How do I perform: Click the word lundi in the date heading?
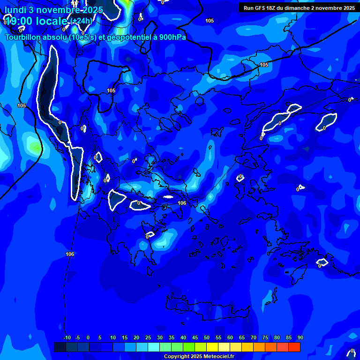(15, 10)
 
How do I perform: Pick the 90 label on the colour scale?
(300, 337)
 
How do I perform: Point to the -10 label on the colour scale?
(67, 337)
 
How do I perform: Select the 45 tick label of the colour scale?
(195, 337)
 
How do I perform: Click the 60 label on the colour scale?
(230, 337)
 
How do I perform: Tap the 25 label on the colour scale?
(148, 337)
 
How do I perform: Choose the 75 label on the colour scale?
(265, 337)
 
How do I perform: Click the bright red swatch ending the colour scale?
(294, 347)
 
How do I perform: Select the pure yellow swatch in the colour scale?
(212, 347)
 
